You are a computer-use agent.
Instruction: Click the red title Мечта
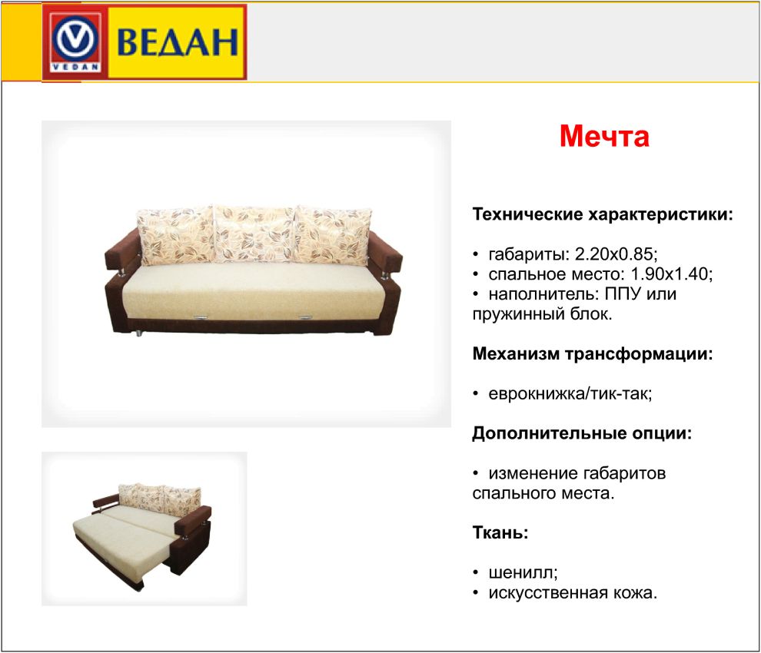click(604, 136)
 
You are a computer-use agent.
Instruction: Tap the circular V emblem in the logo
click(75, 40)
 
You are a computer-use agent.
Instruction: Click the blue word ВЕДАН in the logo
click(178, 42)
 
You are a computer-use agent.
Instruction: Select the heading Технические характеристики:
click(603, 214)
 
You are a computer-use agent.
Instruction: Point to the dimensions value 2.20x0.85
click(614, 254)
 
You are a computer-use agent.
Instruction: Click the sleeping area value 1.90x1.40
click(670, 274)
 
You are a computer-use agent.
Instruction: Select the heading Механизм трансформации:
click(593, 353)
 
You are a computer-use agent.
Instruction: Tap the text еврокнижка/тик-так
click(569, 393)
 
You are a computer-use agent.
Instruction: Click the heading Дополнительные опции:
click(582, 433)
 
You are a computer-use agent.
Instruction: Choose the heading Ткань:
click(500, 532)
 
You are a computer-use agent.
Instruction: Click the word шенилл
click(522, 573)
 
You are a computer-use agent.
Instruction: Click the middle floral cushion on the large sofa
click(254, 234)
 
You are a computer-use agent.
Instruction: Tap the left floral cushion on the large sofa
click(176, 237)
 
